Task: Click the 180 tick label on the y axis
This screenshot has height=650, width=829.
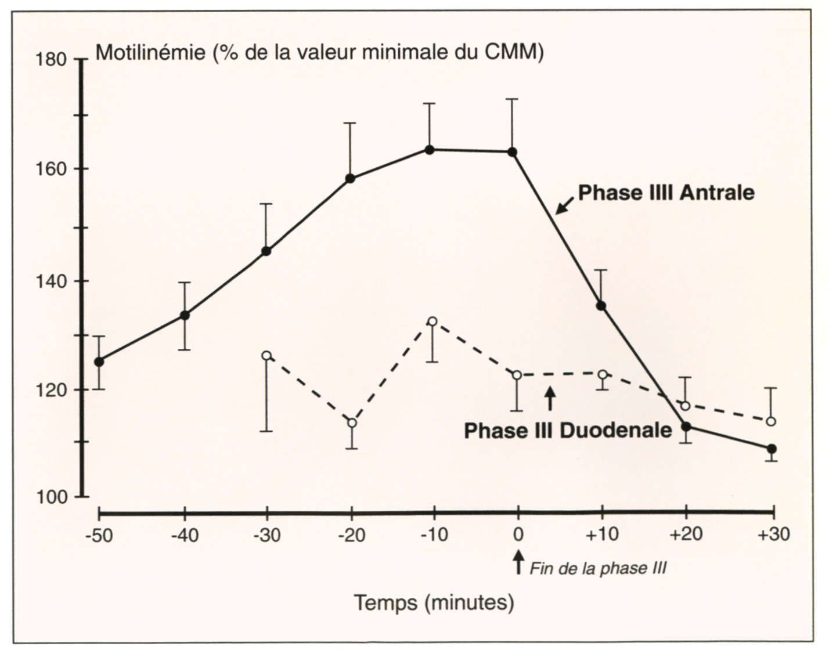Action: [x=51, y=60]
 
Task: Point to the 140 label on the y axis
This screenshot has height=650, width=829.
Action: [x=51, y=281]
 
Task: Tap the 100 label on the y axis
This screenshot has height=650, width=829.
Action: [x=51, y=497]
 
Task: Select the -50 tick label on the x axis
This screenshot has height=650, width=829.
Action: [x=100, y=535]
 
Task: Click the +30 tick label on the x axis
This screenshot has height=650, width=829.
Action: [x=773, y=535]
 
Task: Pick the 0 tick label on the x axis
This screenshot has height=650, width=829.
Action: [x=518, y=535]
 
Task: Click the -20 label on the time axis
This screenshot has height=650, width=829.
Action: [x=351, y=535]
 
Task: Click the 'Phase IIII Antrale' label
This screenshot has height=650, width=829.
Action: [x=666, y=193]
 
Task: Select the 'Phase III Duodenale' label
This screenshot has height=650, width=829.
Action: [x=568, y=430]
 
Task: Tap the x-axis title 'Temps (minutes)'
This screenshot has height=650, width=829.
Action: [x=434, y=602]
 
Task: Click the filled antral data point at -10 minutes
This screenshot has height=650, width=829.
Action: [x=430, y=150]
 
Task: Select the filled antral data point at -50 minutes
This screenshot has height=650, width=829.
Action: [x=99, y=362]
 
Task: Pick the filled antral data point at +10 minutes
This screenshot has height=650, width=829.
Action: [x=601, y=306]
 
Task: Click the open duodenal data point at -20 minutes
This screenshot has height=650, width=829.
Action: [x=352, y=423]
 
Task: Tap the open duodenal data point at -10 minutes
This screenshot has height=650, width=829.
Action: [x=432, y=321]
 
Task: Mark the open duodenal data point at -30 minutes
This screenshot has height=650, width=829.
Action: [x=266, y=355]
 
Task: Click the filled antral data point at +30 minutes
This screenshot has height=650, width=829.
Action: [x=772, y=449]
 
